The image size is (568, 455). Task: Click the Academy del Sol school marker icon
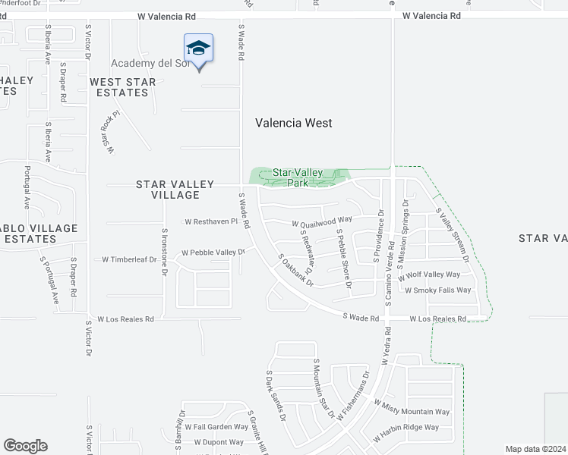199,49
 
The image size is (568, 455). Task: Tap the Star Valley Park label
293,177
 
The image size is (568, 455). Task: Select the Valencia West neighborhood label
293,123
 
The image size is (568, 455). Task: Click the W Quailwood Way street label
323,223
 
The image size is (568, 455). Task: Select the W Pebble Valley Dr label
213,253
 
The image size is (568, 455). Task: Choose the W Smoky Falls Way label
437,290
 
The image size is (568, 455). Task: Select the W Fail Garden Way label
214,427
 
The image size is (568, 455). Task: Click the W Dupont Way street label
219,441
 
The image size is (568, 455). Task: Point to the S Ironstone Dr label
164,249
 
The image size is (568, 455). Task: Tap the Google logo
25,446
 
